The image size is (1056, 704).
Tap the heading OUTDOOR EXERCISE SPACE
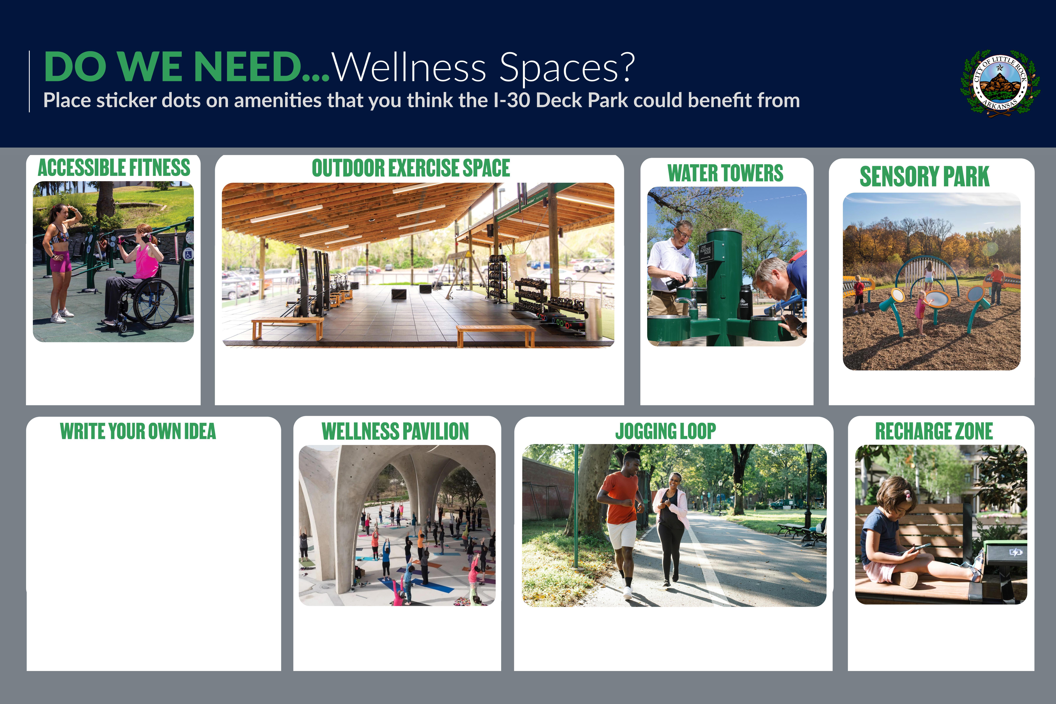411,168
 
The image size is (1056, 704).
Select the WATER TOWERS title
725,173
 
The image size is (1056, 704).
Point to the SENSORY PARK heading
924,176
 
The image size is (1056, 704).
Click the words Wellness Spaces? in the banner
484,67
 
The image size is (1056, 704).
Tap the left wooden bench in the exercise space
287,328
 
